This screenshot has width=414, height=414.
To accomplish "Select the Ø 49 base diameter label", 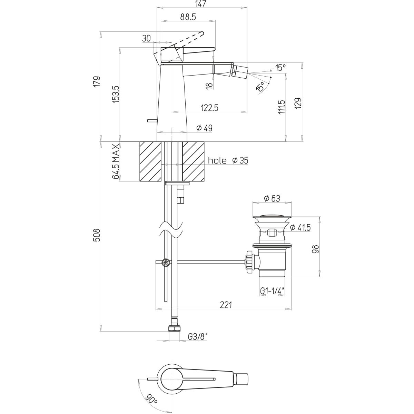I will [204, 128].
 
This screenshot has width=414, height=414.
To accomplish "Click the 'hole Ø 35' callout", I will [228, 160].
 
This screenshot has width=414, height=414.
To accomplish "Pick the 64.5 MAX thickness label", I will [116, 161].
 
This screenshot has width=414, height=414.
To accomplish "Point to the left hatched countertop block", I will [150, 161].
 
